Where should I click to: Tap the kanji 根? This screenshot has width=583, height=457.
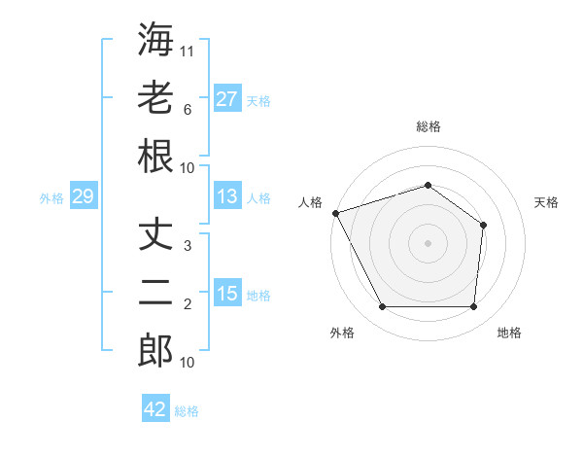click(x=155, y=157)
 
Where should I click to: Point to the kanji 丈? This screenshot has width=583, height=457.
click(x=155, y=235)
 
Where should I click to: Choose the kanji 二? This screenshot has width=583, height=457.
click(x=155, y=294)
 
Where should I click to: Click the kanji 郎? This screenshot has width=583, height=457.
click(x=155, y=351)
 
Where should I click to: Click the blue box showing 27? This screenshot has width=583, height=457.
click(x=226, y=99)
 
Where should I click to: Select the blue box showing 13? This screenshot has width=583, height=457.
click(x=226, y=196)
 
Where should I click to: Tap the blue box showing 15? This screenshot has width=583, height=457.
click(x=226, y=294)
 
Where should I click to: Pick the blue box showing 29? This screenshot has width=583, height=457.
click(x=83, y=196)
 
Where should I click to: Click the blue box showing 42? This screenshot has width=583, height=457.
click(x=155, y=409)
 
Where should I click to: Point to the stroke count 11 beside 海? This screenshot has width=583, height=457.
click(x=188, y=51)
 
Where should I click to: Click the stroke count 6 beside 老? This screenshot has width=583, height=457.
click(x=188, y=110)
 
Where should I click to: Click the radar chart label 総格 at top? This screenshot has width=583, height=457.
click(x=428, y=126)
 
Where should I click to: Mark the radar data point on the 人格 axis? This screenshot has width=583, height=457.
click(x=335, y=213)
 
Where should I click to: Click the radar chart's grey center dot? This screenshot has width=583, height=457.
click(x=428, y=242)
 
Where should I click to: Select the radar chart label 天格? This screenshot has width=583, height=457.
click(x=547, y=202)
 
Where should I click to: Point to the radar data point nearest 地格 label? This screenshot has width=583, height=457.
click(x=473, y=307)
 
